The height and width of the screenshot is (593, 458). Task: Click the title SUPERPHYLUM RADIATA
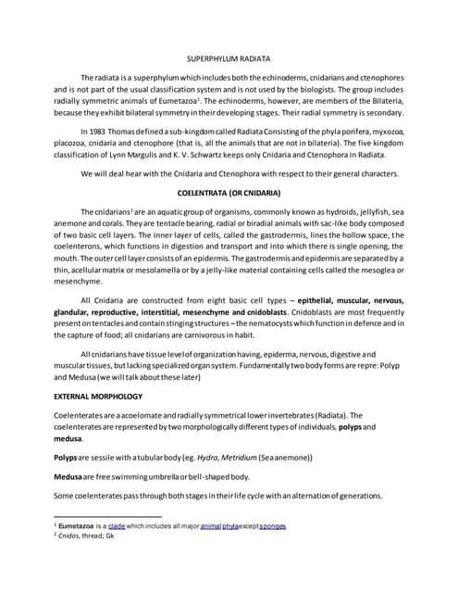pyautogui.click(x=229, y=57)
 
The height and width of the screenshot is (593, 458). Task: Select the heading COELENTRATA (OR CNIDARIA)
pyautogui.click(x=229, y=193)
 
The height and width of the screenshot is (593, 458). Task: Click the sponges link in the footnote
pyautogui.click(x=273, y=525)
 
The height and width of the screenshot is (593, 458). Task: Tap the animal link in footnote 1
pyautogui.click(x=211, y=525)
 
